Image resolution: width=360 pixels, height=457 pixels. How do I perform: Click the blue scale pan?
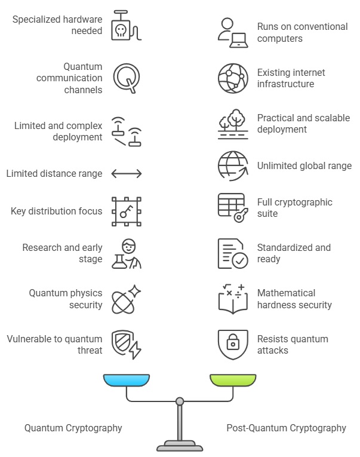(126, 380)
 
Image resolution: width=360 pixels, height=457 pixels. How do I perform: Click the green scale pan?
(233, 380)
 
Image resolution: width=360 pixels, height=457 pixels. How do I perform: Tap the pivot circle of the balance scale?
(180, 401)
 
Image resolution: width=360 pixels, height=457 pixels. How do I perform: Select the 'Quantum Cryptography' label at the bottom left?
(73, 428)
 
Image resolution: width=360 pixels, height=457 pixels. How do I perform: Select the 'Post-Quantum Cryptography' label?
(286, 428)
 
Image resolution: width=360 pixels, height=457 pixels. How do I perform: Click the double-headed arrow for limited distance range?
(127, 174)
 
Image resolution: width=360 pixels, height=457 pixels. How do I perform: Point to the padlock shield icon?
(233, 345)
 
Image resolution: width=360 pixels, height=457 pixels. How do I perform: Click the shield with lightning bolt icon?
(127, 345)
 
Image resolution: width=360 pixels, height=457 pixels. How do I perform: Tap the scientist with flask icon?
(127, 253)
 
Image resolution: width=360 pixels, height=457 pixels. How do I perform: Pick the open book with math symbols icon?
(233, 299)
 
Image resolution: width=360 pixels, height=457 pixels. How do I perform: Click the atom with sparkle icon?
(127, 299)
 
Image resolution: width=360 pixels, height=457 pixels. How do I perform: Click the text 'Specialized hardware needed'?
(57, 24)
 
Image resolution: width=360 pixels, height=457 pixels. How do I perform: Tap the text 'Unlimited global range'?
(304, 166)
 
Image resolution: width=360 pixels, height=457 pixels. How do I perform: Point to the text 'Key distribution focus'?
(56, 211)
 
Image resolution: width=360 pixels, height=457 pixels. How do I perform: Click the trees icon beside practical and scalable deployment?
(233, 124)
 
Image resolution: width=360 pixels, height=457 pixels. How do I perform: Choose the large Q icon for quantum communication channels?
(127, 78)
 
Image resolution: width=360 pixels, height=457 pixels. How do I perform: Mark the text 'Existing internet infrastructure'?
(291, 78)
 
